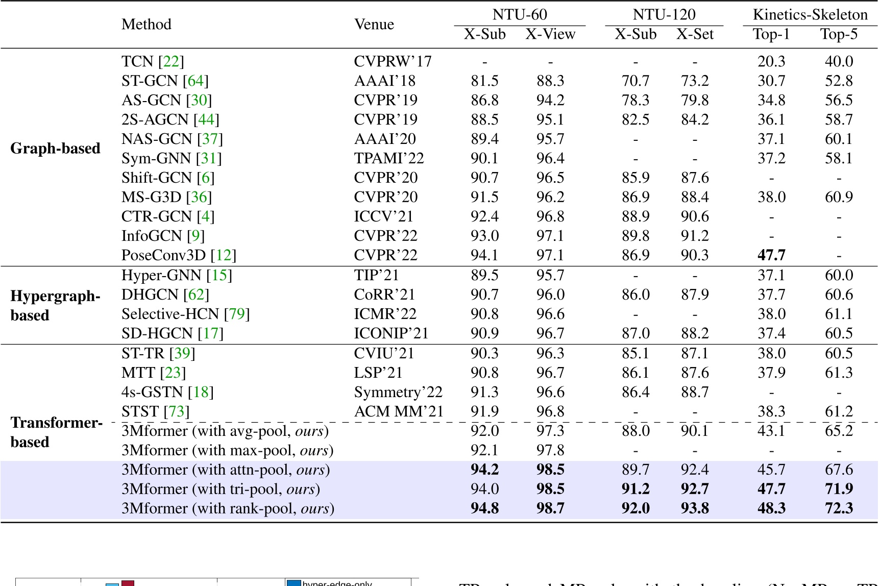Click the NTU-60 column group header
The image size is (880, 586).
pyautogui.click(x=519, y=15)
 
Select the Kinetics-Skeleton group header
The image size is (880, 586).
pyautogui.click(x=810, y=15)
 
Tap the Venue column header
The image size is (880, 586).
pyautogui.click(x=374, y=25)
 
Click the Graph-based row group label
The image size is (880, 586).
pyautogui.click(x=55, y=149)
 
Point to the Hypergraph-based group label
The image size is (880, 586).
pyautogui.click(x=55, y=305)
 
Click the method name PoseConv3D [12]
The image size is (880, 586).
pyautogui.click(x=179, y=255)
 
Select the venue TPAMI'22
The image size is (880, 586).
pyautogui.click(x=388, y=158)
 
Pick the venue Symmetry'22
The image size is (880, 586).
pyautogui.click(x=398, y=392)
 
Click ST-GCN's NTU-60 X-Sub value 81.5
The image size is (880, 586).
pyautogui.click(x=484, y=81)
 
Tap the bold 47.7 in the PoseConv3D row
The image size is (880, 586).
pyautogui.click(x=771, y=255)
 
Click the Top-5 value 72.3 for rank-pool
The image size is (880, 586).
pyautogui.click(x=838, y=508)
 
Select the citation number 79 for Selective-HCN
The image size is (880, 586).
pyautogui.click(x=237, y=314)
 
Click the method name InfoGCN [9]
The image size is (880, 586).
pyautogui.click(x=163, y=236)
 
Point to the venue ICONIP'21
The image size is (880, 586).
pyautogui.click(x=390, y=333)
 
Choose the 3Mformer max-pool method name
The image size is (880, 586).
pyautogui.click(x=227, y=450)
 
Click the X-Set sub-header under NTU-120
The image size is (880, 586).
pyautogui.click(x=694, y=34)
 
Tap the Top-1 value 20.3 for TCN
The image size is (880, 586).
pyautogui.click(x=771, y=61)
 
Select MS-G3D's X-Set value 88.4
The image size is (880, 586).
pyautogui.click(x=694, y=197)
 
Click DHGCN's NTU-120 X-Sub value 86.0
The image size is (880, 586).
pyautogui.click(x=635, y=295)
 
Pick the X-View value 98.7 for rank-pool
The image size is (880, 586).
pyautogui.click(x=550, y=508)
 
